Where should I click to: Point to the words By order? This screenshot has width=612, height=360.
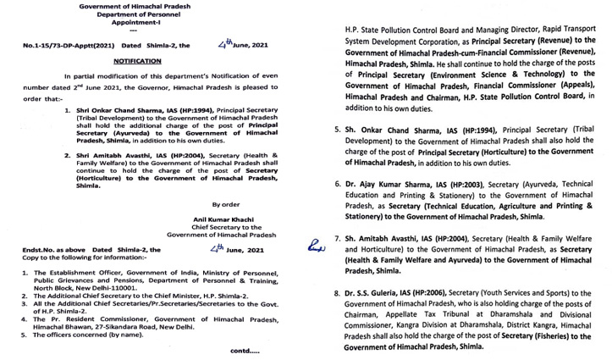click(x=227, y=205)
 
